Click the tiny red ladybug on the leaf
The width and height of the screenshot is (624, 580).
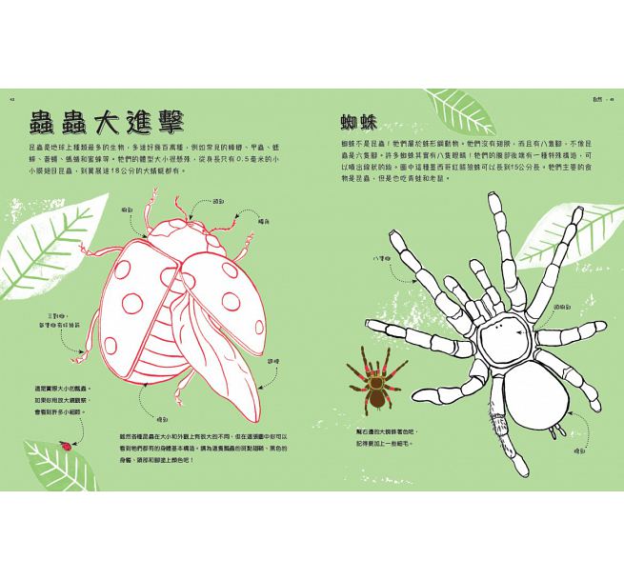click(x=65, y=444)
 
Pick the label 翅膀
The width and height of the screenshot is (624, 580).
click(x=272, y=361)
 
